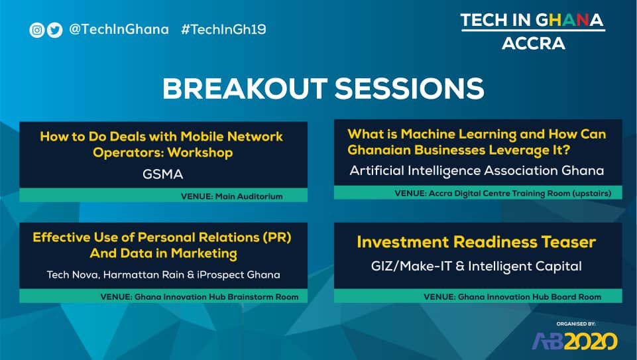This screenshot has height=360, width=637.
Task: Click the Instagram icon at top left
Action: [36, 30]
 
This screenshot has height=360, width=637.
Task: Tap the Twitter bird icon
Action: [54, 30]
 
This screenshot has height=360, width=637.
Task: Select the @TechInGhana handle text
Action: [119, 30]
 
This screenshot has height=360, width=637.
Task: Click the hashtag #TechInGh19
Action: [223, 30]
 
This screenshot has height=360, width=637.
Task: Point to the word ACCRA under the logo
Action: [533, 44]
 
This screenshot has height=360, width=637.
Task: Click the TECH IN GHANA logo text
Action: [532, 21]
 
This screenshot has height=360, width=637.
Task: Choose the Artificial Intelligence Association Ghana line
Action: [477, 170]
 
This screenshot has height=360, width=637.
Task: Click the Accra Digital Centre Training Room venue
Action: [502, 194]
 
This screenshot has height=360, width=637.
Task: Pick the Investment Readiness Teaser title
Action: [476, 242]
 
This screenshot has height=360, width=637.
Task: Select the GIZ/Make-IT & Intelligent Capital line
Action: [476, 267]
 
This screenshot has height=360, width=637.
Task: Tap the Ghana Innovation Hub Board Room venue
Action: [512, 297]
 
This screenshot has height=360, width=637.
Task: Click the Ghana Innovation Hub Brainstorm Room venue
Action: [199, 297]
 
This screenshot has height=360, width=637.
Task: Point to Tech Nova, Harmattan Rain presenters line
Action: [163, 274]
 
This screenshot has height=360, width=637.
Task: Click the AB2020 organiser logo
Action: [575, 341]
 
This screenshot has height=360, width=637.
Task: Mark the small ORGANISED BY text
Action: [576, 324]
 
